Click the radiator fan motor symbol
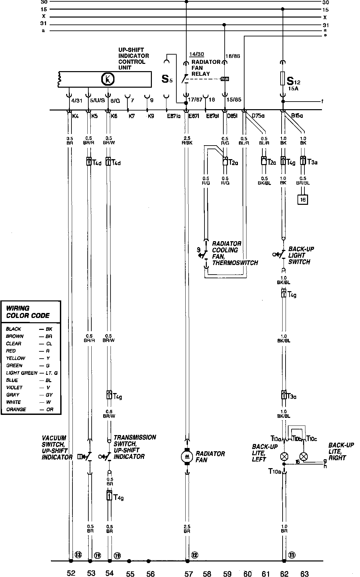coord(187,457)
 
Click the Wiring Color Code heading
coord(28,312)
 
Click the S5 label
coord(167,79)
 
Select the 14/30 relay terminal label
coord(197,54)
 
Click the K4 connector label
coord(76,116)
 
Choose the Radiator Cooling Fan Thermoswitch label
coord(235,253)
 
